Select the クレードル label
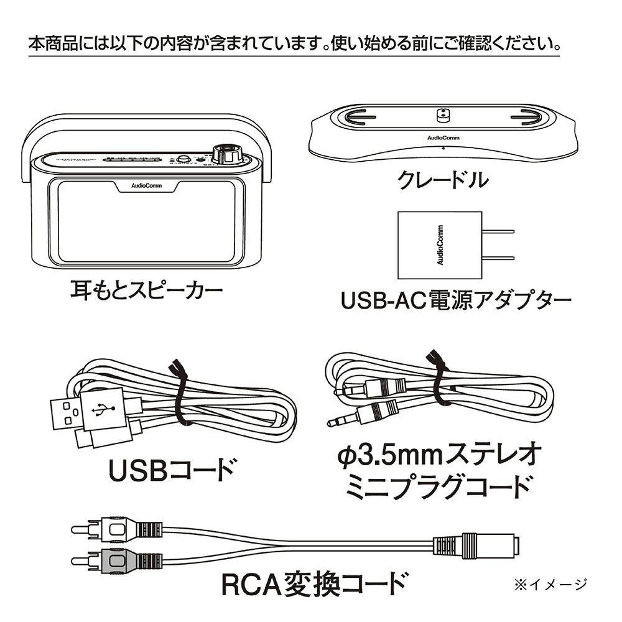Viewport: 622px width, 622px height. (x=443, y=181)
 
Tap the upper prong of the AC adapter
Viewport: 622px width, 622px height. (x=499, y=232)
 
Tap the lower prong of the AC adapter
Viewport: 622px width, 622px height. (x=499, y=257)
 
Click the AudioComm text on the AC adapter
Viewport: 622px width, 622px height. (x=440, y=245)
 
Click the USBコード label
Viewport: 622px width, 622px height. (x=172, y=470)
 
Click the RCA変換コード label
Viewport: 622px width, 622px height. (x=315, y=585)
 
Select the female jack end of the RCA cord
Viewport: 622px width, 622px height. (x=491, y=545)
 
